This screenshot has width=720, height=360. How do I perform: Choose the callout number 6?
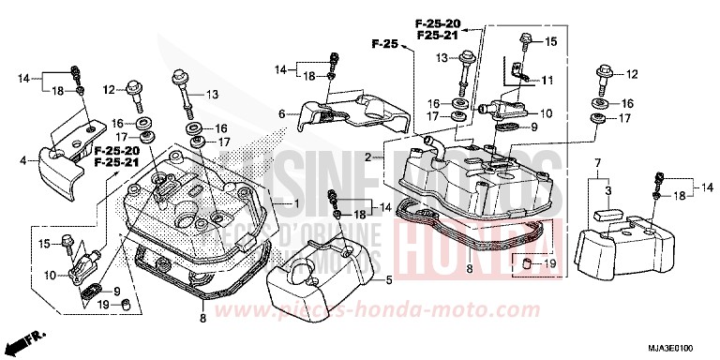pos(281,114)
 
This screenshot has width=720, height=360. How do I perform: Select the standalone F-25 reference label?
pos(384,43)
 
